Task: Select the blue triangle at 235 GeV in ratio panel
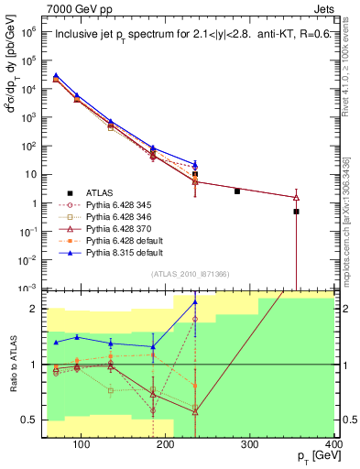coord(195,302)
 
